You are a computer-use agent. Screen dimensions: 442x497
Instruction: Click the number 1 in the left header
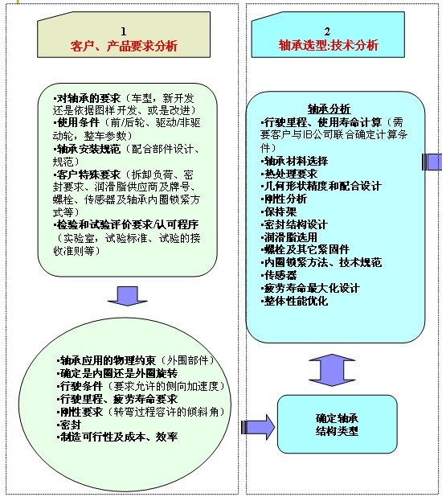click(x=124, y=31)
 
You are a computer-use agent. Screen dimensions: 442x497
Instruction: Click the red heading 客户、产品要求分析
click(x=124, y=46)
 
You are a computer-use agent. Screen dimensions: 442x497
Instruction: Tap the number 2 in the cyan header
click(x=327, y=31)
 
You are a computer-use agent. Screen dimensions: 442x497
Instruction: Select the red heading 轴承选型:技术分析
click(x=328, y=45)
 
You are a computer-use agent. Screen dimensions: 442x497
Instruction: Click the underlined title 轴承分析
click(x=329, y=109)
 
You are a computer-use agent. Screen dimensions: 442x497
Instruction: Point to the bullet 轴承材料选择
click(x=295, y=161)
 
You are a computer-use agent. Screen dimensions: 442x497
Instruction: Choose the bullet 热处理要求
click(x=289, y=174)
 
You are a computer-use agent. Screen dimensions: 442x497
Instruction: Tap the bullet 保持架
click(x=279, y=212)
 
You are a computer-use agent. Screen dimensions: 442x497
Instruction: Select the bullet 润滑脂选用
click(x=289, y=237)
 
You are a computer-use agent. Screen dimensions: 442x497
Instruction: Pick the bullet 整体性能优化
click(x=295, y=301)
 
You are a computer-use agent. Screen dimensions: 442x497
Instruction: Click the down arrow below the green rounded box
click(x=127, y=296)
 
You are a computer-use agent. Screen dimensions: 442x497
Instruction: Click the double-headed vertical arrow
click(x=332, y=370)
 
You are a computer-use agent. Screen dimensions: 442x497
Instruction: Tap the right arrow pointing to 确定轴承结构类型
click(x=258, y=427)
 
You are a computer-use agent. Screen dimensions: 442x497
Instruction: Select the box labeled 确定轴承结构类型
click(x=337, y=424)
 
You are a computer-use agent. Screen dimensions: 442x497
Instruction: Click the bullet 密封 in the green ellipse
click(x=69, y=425)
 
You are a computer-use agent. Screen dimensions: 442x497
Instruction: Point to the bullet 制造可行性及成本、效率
click(x=117, y=437)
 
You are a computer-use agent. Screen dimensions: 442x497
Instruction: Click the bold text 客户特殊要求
click(x=87, y=175)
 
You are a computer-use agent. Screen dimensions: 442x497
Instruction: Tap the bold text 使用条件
click(x=76, y=123)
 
